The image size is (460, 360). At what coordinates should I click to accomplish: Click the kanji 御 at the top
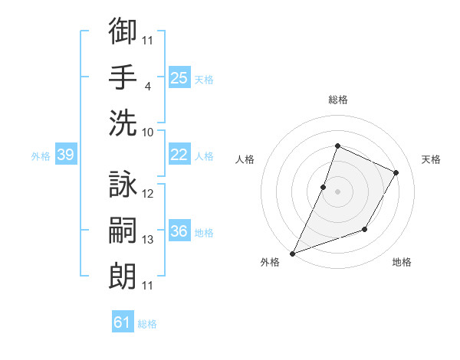(123, 31)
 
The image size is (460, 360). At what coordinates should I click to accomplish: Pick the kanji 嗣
(123, 231)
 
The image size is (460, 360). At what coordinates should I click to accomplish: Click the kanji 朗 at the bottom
(123, 276)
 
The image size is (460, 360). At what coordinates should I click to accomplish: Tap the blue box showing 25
(179, 77)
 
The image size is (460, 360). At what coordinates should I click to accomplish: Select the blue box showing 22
(179, 155)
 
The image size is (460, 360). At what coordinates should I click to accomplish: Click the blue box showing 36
(179, 231)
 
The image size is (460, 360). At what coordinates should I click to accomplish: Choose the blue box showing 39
(65, 155)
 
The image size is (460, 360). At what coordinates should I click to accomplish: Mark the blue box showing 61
(123, 322)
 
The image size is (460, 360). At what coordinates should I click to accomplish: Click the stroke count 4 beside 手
(148, 86)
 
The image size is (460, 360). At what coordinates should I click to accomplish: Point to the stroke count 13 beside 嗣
(148, 240)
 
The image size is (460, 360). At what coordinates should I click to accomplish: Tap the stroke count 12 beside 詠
(148, 194)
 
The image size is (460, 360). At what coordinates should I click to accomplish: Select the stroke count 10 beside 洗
(148, 132)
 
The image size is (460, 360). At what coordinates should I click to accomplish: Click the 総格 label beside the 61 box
(147, 324)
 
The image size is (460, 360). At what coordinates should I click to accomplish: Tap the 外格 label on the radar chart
(269, 262)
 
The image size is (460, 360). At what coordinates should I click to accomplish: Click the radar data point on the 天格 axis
(396, 172)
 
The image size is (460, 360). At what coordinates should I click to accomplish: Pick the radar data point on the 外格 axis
(292, 253)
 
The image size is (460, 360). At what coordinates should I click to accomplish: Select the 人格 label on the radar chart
(245, 159)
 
